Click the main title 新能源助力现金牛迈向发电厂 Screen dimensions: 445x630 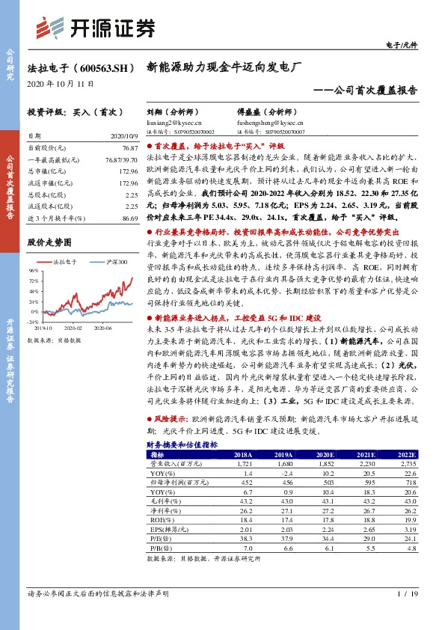(224, 67)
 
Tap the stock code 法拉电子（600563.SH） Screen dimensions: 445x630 (82, 67)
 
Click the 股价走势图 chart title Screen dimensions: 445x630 (49, 242)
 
